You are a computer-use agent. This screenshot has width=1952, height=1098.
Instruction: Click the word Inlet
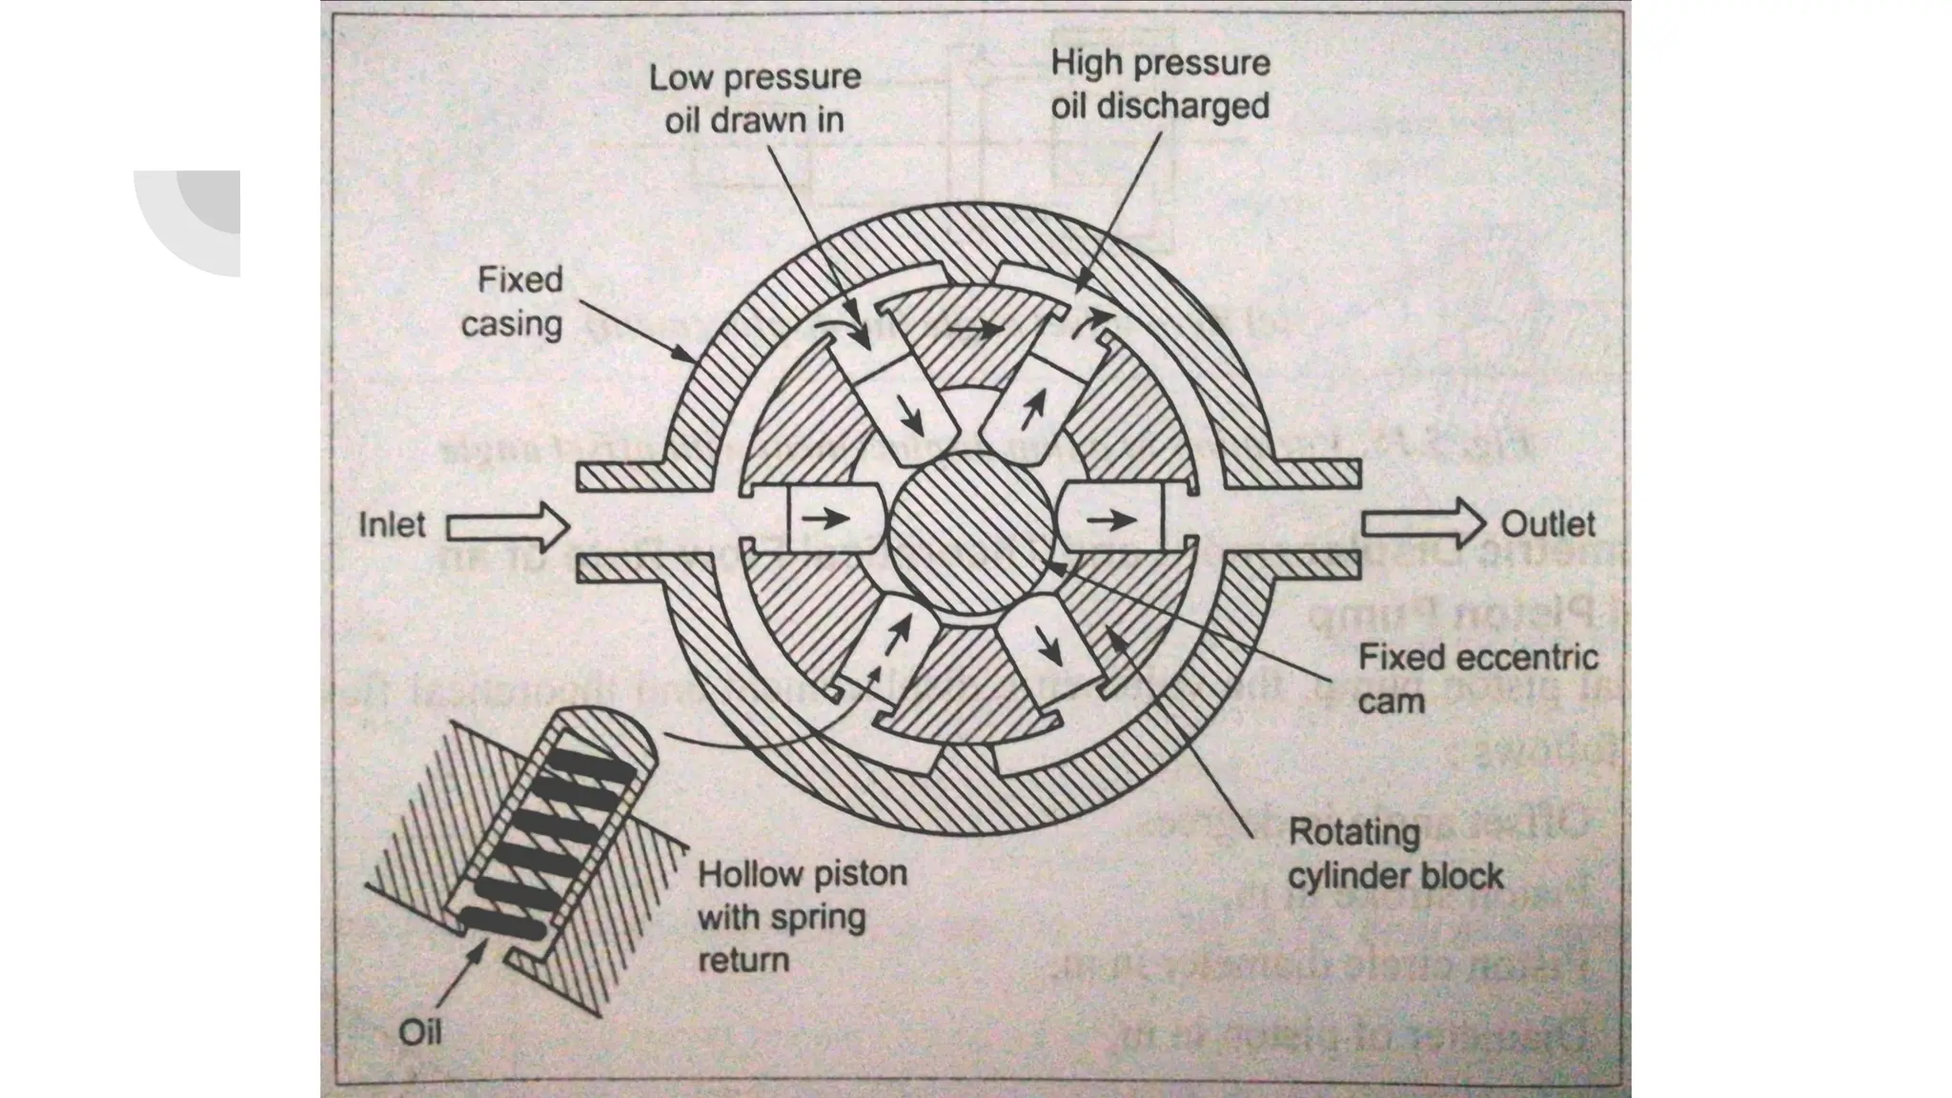391,525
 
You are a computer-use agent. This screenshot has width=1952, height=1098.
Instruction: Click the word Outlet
1547,524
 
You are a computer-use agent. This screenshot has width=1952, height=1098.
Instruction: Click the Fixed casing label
512,302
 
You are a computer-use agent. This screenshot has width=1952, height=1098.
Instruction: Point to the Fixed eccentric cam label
1476,680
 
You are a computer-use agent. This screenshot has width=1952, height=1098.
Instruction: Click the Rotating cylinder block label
1394,854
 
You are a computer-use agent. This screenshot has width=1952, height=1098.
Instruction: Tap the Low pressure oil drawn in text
755,98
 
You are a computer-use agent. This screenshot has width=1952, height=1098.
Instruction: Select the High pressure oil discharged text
1160,85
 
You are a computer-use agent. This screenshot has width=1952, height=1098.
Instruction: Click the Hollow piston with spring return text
802,917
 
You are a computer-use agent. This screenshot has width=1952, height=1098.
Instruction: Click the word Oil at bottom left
419,1032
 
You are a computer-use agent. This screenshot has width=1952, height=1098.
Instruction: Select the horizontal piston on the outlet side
1115,519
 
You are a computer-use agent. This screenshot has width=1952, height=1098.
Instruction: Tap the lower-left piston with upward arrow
896,641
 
